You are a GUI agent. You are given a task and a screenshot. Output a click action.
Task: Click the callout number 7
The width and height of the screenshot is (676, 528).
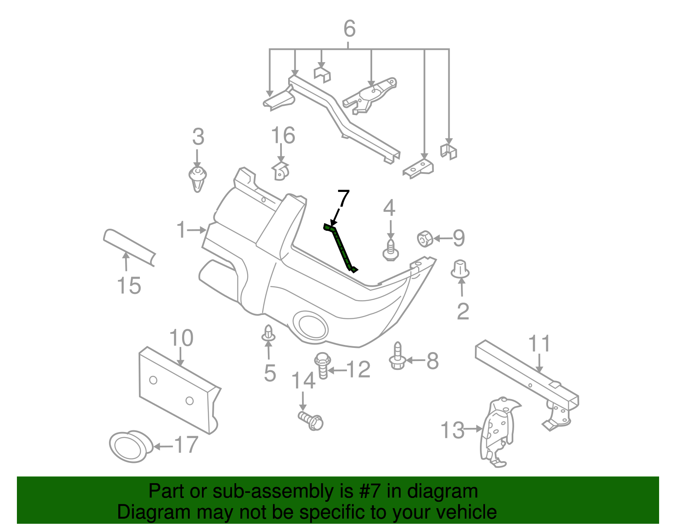click(x=343, y=198)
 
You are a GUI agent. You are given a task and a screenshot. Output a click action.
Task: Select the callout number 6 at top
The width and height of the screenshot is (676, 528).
click(x=349, y=29)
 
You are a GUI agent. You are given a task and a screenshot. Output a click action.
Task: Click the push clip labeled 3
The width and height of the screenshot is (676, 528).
click(x=197, y=178)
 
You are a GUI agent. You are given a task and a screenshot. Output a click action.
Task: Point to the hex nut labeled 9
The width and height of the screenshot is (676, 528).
click(x=425, y=239)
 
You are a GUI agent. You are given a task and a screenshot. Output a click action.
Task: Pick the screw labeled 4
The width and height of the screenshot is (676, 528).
click(x=391, y=250)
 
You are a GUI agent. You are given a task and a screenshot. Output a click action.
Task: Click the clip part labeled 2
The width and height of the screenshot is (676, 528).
click(x=460, y=269)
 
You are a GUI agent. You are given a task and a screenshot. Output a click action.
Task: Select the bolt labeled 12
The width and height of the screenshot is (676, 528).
click(x=322, y=366)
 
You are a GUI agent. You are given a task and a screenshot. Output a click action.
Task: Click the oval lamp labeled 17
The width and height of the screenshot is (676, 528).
click(x=129, y=446)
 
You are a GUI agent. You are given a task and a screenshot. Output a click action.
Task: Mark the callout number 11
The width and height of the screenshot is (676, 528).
click(x=540, y=344)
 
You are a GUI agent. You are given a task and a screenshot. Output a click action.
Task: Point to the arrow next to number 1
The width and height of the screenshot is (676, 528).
click(x=197, y=230)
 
